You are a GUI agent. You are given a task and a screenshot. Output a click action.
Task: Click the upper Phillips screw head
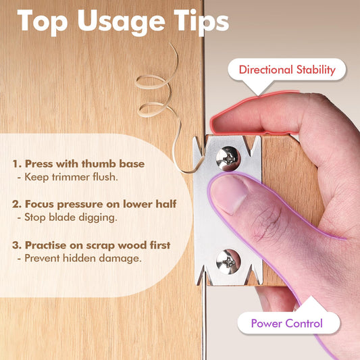[228, 159]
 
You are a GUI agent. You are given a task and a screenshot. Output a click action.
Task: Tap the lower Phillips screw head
[228, 262]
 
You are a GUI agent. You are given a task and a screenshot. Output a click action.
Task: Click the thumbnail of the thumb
[229, 194]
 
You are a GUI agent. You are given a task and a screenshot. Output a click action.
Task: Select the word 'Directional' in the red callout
[266, 70]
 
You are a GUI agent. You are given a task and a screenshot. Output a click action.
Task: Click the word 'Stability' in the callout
[316, 70]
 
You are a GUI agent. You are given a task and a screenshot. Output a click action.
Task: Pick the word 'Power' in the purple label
[267, 324]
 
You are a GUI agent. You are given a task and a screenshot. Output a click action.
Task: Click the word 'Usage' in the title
[121, 22]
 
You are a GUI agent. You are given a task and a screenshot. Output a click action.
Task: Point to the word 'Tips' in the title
[201, 22]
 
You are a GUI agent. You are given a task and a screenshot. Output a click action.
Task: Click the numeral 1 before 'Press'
[16, 164]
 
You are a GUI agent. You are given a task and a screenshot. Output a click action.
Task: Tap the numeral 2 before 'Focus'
[16, 204]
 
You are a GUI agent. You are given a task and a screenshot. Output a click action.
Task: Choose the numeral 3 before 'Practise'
[16, 245]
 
